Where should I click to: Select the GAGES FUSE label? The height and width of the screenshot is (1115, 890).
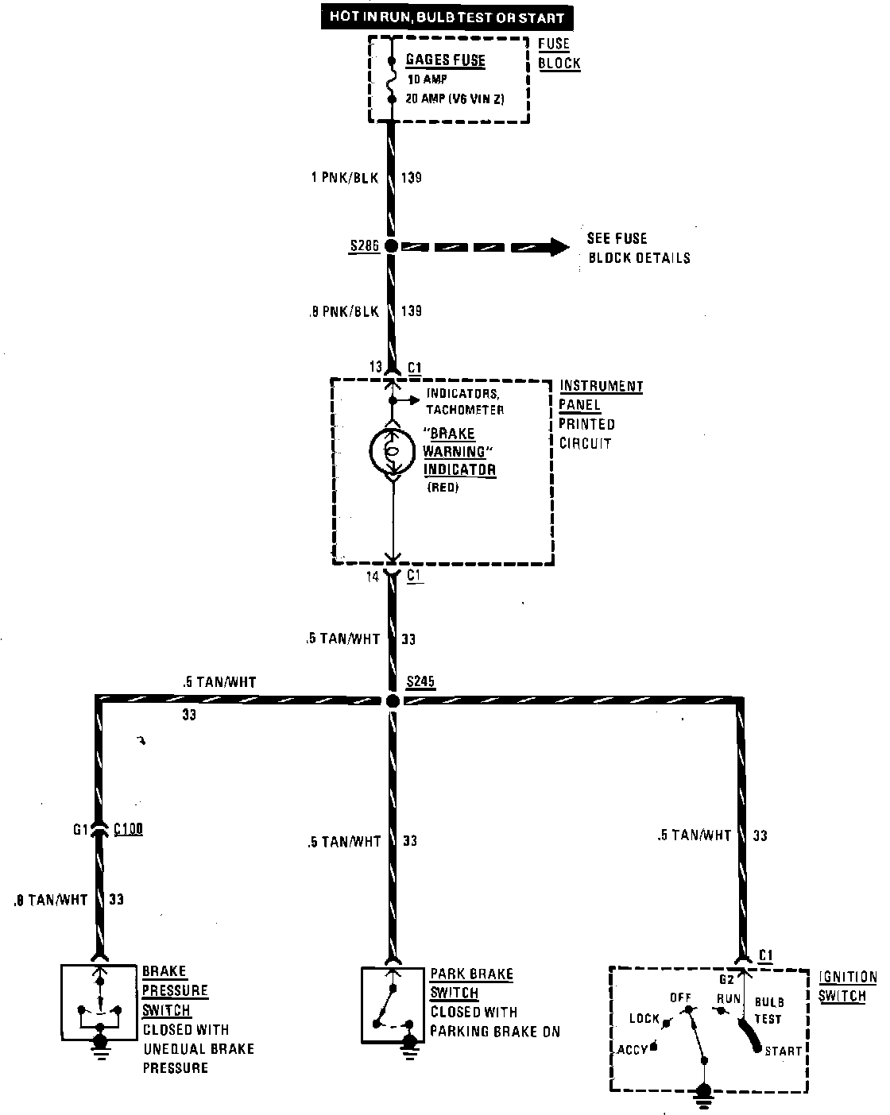click(x=445, y=60)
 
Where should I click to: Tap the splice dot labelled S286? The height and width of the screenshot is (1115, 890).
click(x=391, y=246)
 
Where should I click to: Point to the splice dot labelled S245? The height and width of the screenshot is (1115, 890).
click(x=392, y=700)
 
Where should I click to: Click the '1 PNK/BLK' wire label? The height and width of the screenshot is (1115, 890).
click(x=344, y=177)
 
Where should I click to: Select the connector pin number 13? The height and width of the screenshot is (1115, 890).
click(x=375, y=368)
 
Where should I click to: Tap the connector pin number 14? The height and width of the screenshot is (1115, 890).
click(x=373, y=577)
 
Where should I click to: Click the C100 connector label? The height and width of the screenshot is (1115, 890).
click(x=128, y=830)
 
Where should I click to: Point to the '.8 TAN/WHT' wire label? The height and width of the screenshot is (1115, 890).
click(x=51, y=901)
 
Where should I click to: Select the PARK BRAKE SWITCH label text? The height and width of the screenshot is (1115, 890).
click(x=471, y=983)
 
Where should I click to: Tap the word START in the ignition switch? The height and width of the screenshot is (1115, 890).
click(x=783, y=1051)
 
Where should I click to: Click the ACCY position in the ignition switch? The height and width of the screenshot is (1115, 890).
click(x=633, y=1049)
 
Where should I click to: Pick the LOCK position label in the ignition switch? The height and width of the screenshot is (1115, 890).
click(x=644, y=1018)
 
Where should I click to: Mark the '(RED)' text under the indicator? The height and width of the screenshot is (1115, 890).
click(x=443, y=488)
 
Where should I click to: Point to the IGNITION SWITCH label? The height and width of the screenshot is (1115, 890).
click(x=847, y=986)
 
